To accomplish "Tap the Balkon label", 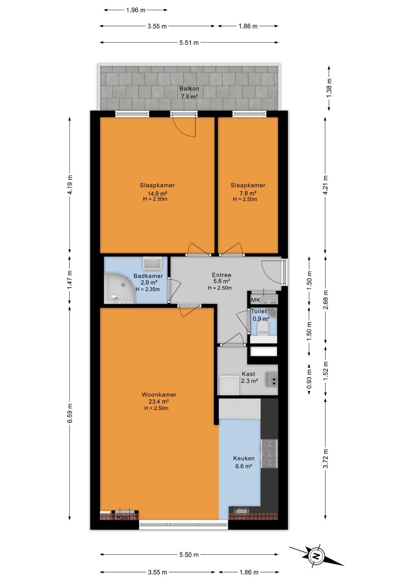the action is (x=189, y=88).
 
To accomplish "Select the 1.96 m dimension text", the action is (x=136, y=10).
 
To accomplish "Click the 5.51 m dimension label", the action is (x=189, y=43).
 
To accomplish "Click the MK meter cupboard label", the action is (x=256, y=300).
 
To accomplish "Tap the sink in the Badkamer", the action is (x=152, y=264).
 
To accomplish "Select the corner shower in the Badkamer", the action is (x=120, y=288).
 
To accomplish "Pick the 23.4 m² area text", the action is (x=159, y=402).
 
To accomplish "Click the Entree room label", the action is (x=222, y=275).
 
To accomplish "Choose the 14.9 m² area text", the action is (x=157, y=193).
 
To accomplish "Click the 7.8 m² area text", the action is (x=248, y=193).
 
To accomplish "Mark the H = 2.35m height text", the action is (x=148, y=289).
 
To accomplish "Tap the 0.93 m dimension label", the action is (x=309, y=380).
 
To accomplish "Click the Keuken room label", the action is (x=244, y=458).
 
